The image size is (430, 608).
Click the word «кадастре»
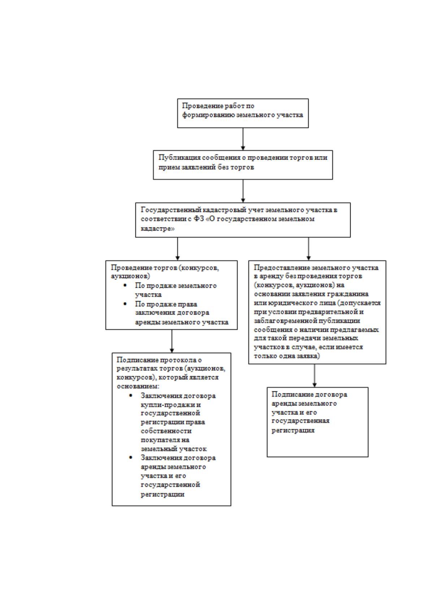click(157, 229)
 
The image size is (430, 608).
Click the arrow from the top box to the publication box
click(243, 139)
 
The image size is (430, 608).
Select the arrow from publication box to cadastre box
click(243, 191)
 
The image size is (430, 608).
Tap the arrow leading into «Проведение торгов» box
click(178, 249)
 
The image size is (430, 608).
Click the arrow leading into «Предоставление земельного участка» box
click(308, 249)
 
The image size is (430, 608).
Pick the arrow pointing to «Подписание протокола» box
click(171, 341)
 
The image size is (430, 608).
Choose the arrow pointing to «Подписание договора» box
click(314, 375)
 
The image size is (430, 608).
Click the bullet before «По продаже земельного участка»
click(125, 286)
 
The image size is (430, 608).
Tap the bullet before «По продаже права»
click(125, 304)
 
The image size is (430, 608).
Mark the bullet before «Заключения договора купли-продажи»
click(131, 395)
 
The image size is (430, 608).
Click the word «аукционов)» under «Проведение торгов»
click(130, 276)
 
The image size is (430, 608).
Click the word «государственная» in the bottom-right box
click(300, 421)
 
